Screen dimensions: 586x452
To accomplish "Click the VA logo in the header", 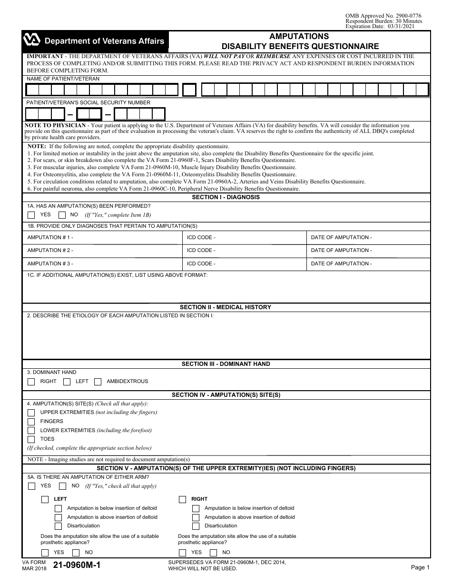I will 31,41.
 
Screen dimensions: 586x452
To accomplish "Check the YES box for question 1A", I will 31,215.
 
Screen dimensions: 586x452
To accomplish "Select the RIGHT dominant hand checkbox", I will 31,382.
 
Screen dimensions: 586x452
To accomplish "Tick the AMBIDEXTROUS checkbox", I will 98,382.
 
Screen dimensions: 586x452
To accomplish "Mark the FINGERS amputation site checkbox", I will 31,422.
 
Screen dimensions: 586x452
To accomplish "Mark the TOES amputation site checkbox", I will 31,439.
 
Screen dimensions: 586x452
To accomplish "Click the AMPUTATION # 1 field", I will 102,237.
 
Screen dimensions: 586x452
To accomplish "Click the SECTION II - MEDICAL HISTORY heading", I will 226,307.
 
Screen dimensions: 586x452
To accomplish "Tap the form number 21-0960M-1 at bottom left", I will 77,566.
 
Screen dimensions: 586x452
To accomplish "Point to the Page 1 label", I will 420,567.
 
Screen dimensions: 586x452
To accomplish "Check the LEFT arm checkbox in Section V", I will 45,499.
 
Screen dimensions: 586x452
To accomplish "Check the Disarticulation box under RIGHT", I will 196,526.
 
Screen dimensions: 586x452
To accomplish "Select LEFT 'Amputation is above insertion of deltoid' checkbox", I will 58,517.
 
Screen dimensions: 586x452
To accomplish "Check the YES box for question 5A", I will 31,486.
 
